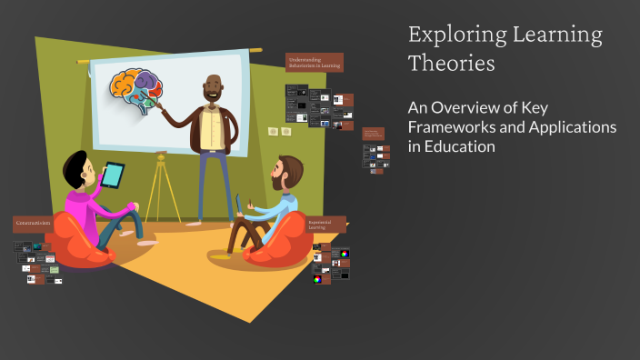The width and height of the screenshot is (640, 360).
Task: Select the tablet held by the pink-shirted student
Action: pos(113,175)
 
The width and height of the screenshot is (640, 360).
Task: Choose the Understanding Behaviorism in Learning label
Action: pos(314,63)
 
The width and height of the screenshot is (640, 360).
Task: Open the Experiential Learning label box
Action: pos(325,224)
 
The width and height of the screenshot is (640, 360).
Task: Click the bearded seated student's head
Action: pos(288,174)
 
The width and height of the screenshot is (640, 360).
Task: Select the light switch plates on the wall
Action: pos(279,132)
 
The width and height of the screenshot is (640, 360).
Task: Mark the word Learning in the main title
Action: pos(550,35)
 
